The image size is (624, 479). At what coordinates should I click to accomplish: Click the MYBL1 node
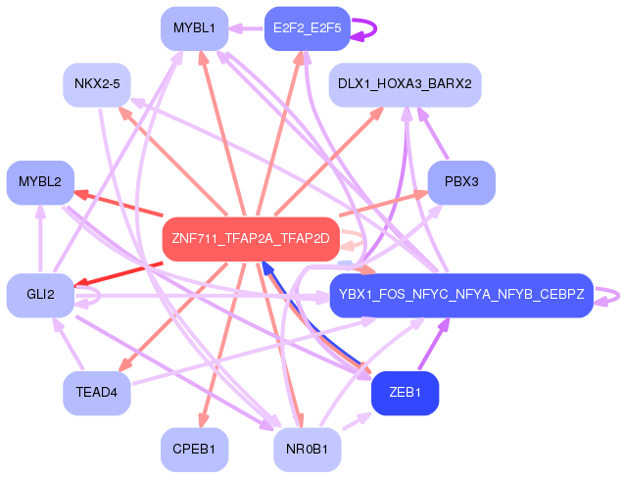tap(194, 28)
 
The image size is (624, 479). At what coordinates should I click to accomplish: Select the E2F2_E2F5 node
tap(307, 28)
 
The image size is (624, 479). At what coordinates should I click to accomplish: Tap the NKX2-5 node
tap(96, 84)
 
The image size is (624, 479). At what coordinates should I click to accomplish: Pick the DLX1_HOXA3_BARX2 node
tap(404, 84)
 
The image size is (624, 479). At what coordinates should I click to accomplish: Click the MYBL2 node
tap(40, 182)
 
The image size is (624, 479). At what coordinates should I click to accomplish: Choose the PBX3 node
tap(461, 182)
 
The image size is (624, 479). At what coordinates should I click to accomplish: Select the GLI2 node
tap(40, 295)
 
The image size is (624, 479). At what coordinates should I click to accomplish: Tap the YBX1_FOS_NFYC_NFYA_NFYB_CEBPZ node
tap(460, 295)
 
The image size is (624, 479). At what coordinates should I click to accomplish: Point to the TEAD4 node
tap(96, 393)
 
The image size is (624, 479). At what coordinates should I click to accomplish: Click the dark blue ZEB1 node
tap(404, 393)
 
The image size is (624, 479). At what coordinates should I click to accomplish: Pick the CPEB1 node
tap(194, 450)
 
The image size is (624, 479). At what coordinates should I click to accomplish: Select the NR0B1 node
tap(307, 450)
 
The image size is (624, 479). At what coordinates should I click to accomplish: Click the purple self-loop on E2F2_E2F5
tap(367, 28)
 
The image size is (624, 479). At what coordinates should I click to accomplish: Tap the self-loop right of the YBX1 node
tap(611, 295)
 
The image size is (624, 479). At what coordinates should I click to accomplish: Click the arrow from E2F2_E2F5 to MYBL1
tap(246, 28)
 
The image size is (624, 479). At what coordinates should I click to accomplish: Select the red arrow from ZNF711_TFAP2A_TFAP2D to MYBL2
tap(118, 201)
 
